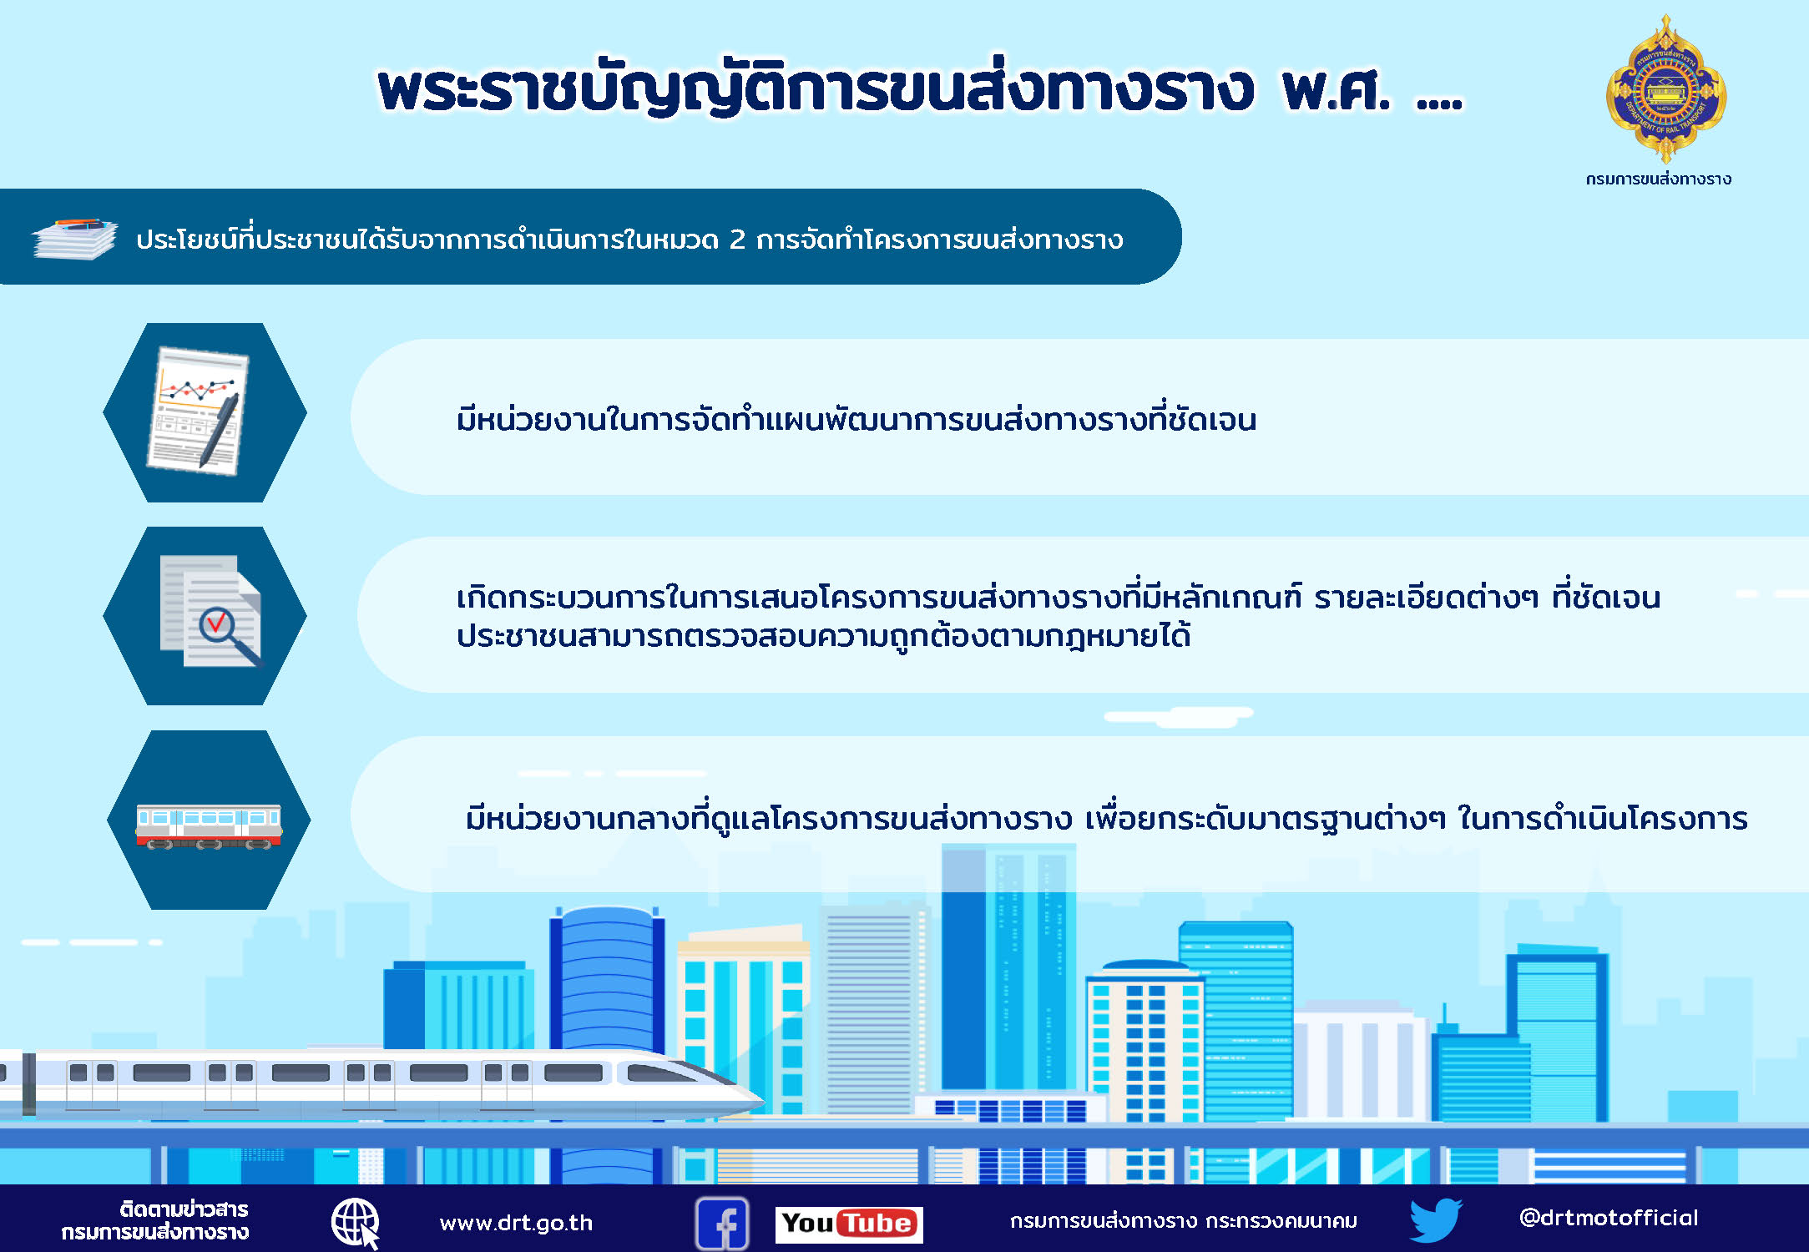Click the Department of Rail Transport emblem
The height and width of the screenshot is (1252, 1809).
click(1666, 88)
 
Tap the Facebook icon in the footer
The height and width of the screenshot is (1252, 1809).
click(722, 1224)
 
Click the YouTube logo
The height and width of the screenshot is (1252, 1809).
click(849, 1224)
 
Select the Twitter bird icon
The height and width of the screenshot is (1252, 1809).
click(1436, 1220)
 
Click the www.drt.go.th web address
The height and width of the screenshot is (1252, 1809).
click(516, 1223)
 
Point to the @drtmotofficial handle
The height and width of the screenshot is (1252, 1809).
click(1609, 1218)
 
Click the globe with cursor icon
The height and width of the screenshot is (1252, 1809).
click(356, 1224)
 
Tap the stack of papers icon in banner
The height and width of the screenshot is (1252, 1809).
click(75, 239)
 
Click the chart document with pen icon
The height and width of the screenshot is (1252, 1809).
click(199, 411)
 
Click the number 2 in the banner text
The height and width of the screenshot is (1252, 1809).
click(737, 240)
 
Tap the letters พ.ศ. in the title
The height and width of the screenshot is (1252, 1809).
click(1337, 89)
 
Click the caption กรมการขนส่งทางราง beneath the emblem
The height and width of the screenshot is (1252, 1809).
click(1659, 179)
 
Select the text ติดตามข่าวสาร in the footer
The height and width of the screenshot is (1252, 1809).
click(184, 1209)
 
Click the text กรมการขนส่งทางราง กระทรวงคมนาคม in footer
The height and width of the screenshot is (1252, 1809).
click(1183, 1221)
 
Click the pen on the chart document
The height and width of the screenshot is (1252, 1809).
click(219, 429)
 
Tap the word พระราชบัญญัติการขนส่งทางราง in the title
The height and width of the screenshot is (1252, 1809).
click(816, 88)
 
